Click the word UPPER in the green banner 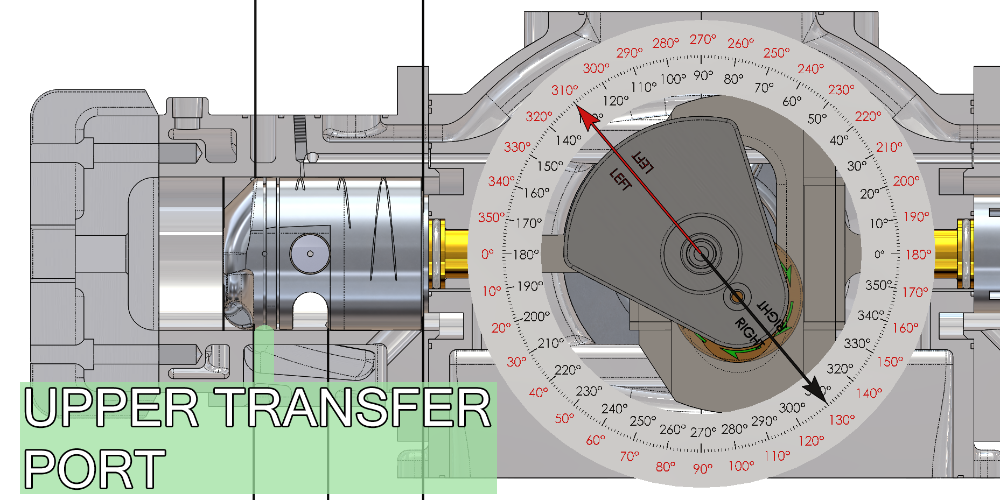tap(111, 407)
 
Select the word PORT tap(94, 469)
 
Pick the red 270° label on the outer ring tap(703, 39)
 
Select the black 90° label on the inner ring tap(703, 75)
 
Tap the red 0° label tap(487, 254)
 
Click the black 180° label tap(526, 254)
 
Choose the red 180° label tap(918, 254)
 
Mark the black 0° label tap(879, 254)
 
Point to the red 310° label tap(564, 90)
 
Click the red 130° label tap(842, 419)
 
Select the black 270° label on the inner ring tap(703, 432)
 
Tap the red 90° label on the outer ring tap(703, 469)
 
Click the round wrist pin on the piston tap(310, 253)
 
